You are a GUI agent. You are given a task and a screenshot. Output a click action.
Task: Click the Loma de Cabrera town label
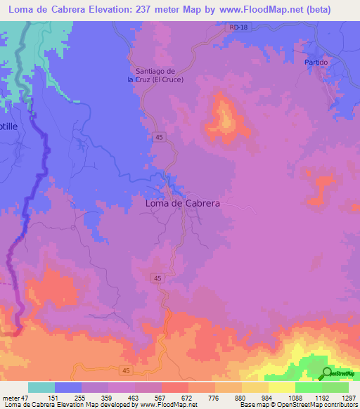point(182,202)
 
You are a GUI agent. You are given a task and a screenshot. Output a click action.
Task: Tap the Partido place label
point(316,63)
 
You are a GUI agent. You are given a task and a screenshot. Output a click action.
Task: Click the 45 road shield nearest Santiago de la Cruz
point(160,138)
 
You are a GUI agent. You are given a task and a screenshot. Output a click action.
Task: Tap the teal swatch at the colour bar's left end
point(41,387)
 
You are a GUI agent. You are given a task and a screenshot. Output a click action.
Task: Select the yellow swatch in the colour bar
point(281,387)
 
